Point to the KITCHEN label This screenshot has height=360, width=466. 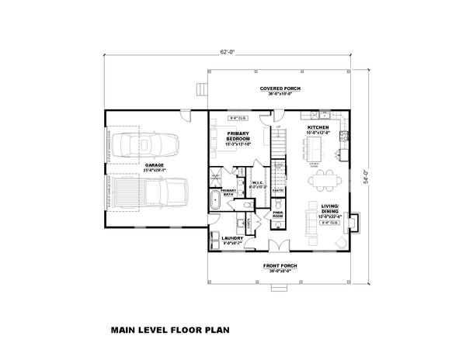pos(318,126)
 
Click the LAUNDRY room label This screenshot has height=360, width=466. pos(232,238)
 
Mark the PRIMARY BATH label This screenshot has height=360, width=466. pos(228,192)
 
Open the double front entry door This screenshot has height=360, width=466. pos(276,247)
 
